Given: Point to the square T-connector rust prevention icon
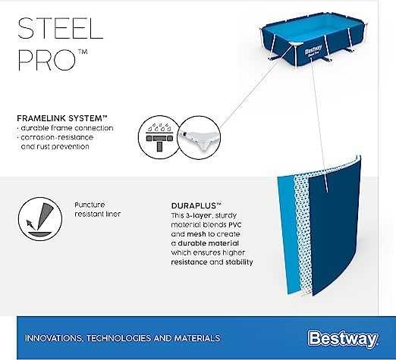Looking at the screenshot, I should [x=155, y=139].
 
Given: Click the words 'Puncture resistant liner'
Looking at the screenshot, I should [x=98, y=209].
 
